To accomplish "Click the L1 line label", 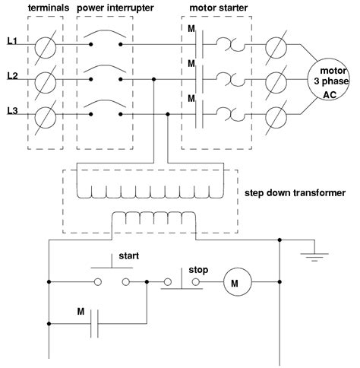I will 13,43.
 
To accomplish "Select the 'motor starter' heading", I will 213,8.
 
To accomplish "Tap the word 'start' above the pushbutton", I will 129,256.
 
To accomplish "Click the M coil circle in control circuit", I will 235,284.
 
